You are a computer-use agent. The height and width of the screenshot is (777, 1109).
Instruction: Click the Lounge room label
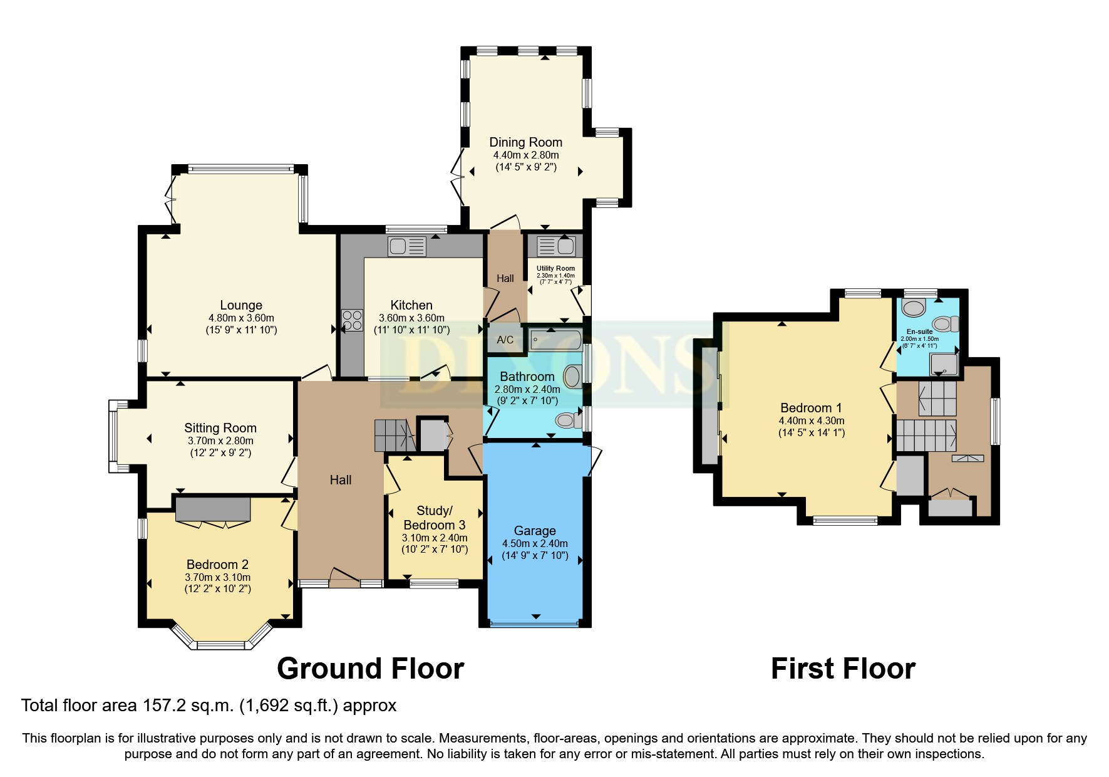click(x=241, y=306)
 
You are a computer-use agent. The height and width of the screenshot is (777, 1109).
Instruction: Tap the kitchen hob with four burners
click(x=352, y=320)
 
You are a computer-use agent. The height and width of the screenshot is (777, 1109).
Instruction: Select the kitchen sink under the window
click(x=406, y=247)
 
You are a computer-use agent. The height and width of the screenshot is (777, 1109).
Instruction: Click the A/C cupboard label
click(x=505, y=340)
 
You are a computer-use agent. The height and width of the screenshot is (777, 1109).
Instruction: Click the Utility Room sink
click(x=555, y=246)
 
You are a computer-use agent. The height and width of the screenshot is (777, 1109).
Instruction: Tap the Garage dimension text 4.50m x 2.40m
click(x=535, y=544)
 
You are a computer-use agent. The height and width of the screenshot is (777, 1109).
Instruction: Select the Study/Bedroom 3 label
click(x=434, y=518)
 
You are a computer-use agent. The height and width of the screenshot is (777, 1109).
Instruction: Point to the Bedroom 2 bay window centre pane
click(x=221, y=645)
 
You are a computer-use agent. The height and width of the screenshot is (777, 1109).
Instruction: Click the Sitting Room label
click(x=220, y=428)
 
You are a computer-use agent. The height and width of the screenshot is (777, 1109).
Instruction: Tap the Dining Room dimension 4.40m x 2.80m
click(x=526, y=155)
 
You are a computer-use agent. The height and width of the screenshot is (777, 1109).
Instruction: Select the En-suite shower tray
click(x=944, y=364)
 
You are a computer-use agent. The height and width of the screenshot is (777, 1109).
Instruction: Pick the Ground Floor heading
click(x=370, y=669)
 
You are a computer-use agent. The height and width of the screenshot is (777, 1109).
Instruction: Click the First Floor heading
click(x=842, y=669)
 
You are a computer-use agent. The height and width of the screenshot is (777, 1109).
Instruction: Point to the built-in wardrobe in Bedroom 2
click(x=213, y=509)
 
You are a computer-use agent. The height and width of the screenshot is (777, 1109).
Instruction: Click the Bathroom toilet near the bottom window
click(x=569, y=420)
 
